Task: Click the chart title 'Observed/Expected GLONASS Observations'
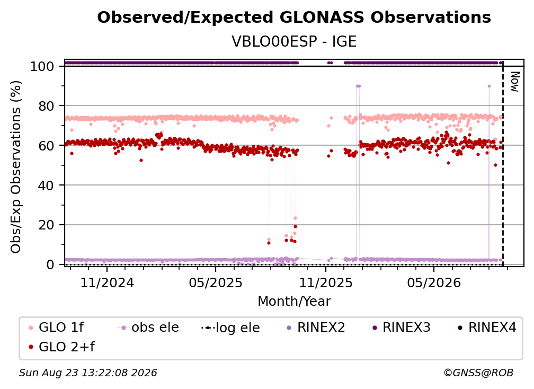coord(294,17)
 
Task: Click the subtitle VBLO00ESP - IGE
coord(294,41)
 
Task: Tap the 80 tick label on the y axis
coord(46,106)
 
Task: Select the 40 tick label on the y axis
coord(46,185)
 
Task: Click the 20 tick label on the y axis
coord(46,225)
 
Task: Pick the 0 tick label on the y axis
coord(50,264)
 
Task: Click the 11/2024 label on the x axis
coord(107,283)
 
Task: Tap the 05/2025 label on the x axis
coord(216,283)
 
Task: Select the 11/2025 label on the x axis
coord(326,283)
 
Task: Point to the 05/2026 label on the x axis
coord(434,283)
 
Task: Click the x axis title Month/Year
coord(294,302)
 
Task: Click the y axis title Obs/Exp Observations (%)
coord(16,167)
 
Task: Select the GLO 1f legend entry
coord(56,328)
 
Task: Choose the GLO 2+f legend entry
coord(61,347)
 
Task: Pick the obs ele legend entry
coord(148,328)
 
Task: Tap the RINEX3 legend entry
coord(402,328)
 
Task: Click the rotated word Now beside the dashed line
coord(515,82)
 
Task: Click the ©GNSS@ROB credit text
coord(478,373)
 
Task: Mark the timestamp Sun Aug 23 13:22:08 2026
coord(88,373)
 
